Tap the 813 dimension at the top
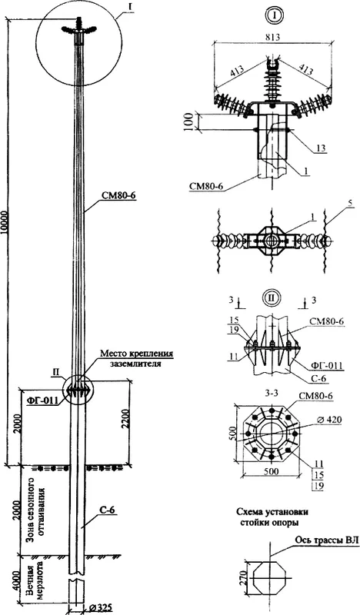[272, 38]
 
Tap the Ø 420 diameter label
[329, 420]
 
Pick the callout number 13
[320, 148]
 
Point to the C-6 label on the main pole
[106, 510]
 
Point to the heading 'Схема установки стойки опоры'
[272, 517]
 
